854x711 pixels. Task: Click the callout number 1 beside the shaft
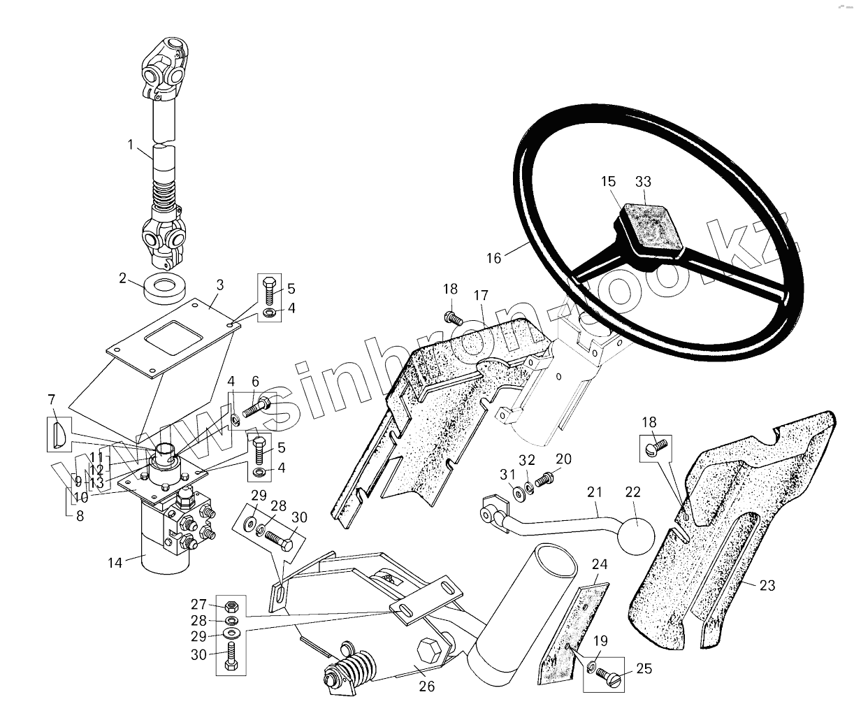click(x=131, y=145)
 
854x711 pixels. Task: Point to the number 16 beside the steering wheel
click(x=493, y=258)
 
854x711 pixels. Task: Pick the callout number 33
click(x=643, y=182)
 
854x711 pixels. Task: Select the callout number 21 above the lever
click(x=595, y=492)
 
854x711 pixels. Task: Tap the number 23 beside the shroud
click(x=767, y=585)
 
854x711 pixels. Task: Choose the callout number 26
click(x=426, y=687)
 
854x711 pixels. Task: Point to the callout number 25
click(x=644, y=670)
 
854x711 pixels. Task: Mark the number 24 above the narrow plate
click(x=600, y=564)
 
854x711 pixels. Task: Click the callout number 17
click(x=482, y=296)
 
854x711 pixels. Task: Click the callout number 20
click(x=563, y=459)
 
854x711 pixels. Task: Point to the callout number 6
click(x=256, y=381)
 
